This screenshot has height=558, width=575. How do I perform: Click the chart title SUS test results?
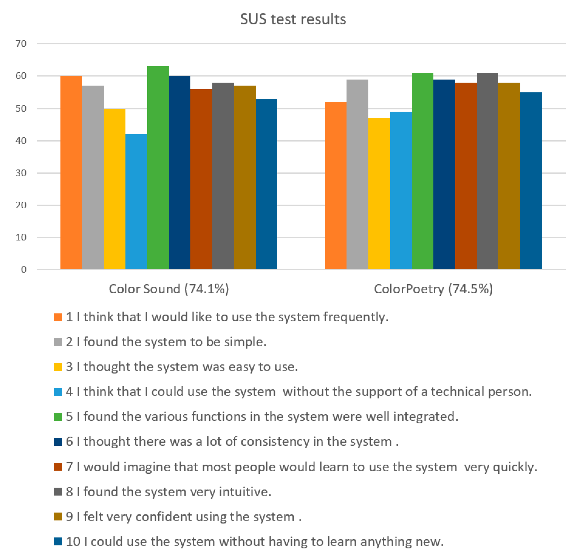(293, 19)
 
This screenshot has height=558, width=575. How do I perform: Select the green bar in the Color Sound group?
(158, 167)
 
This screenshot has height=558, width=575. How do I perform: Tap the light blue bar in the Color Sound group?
(136, 202)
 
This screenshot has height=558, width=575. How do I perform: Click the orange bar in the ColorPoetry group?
(336, 185)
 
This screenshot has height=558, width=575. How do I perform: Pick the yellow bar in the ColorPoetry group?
(379, 193)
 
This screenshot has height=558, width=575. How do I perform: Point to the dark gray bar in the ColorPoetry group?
(487, 171)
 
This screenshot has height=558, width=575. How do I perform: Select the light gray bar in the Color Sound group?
(93, 177)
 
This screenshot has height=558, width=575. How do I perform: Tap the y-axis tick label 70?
(21, 44)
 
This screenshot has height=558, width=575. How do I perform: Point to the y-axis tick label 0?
(24, 269)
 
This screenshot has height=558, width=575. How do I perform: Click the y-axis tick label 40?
(21, 141)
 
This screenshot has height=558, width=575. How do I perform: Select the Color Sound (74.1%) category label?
(169, 289)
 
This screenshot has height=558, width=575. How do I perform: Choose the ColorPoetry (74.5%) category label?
(433, 289)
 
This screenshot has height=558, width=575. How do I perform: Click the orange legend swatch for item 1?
(58, 317)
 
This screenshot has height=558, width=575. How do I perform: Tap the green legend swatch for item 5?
(58, 417)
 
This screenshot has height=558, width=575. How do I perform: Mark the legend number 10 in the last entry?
(73, 541)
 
